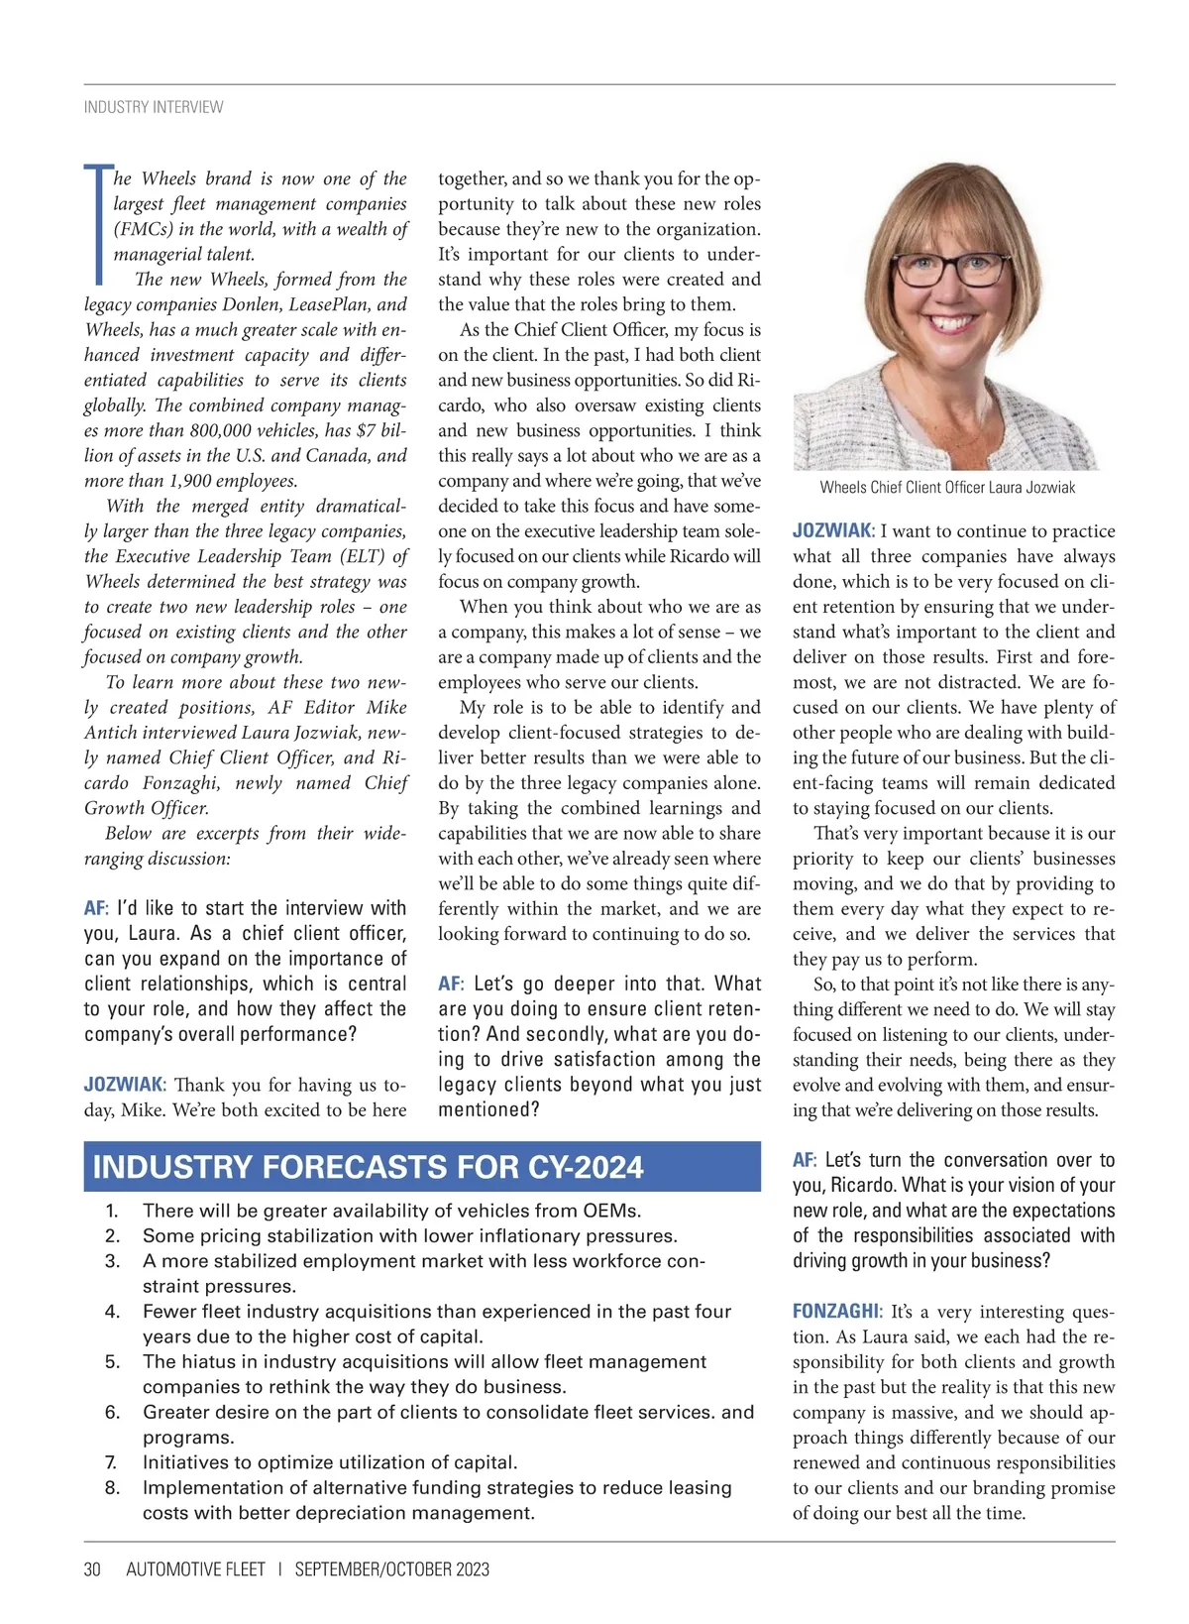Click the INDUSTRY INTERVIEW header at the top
154,107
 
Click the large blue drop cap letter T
97,224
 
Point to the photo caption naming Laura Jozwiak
947,487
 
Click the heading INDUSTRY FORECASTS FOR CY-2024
369,1167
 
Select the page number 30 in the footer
92,1569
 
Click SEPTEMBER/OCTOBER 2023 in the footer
392,1569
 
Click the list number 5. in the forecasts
112,1362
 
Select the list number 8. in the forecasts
112,1488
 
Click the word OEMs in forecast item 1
614,1211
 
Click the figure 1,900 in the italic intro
176,482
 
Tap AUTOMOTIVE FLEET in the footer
196,1569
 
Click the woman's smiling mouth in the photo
953,323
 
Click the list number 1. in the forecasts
112,1211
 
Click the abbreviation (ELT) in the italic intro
359,557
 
